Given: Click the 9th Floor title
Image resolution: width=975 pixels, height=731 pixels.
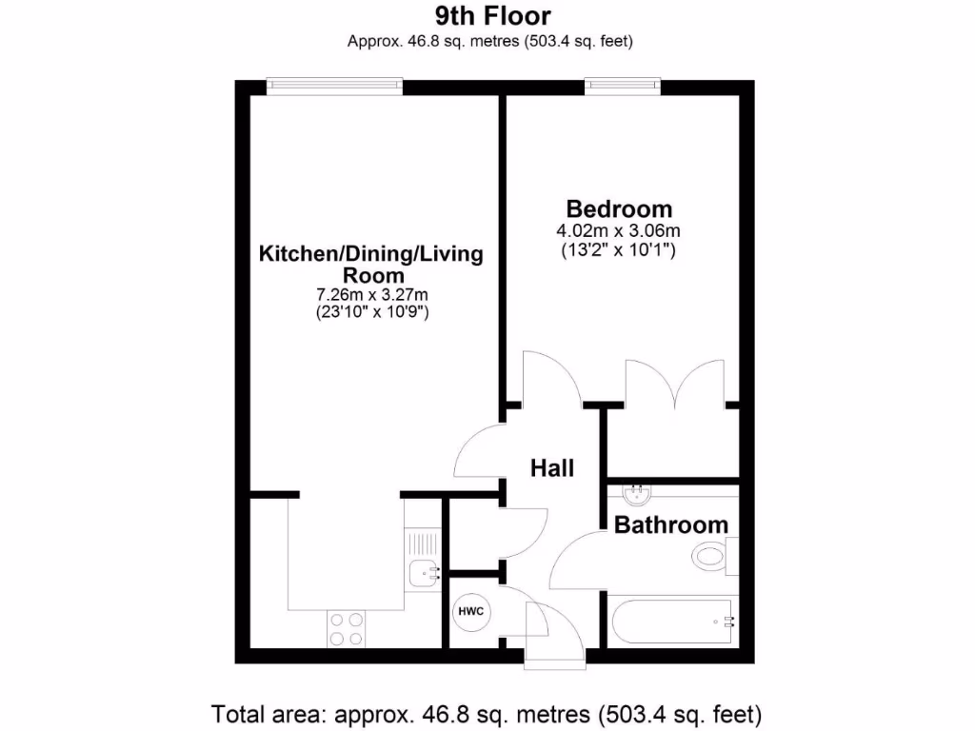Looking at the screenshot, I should coord(492,15).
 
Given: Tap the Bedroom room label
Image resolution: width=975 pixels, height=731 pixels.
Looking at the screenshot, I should coord(619,208).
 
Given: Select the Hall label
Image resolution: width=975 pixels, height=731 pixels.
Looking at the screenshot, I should coord(552,468).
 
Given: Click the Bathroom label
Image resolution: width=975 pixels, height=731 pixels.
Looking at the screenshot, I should coord(671,524).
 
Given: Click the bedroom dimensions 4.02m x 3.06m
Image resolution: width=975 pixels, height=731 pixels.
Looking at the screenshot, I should coord(619,231).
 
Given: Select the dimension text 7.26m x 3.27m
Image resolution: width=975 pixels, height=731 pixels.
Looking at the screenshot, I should coord(372,294).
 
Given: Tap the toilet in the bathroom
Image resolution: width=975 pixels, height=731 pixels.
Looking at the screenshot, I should coord(712,555).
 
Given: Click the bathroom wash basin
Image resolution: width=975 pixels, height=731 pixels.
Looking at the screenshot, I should coord(637,495).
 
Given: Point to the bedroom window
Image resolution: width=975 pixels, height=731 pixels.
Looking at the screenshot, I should coord(623,86).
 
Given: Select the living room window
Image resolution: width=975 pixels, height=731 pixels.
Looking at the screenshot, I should coord(334,86).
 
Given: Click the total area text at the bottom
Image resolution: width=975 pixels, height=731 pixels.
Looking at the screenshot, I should coord(487,713).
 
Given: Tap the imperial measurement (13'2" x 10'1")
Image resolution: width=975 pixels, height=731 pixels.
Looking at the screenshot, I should coord(619,251).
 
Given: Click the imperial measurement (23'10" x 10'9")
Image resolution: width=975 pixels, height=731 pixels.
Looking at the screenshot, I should coord(372,313).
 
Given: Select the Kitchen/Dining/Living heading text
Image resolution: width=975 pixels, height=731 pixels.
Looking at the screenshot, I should coord(372,254).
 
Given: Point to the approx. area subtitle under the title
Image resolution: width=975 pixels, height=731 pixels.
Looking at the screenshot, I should coord(491,41).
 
